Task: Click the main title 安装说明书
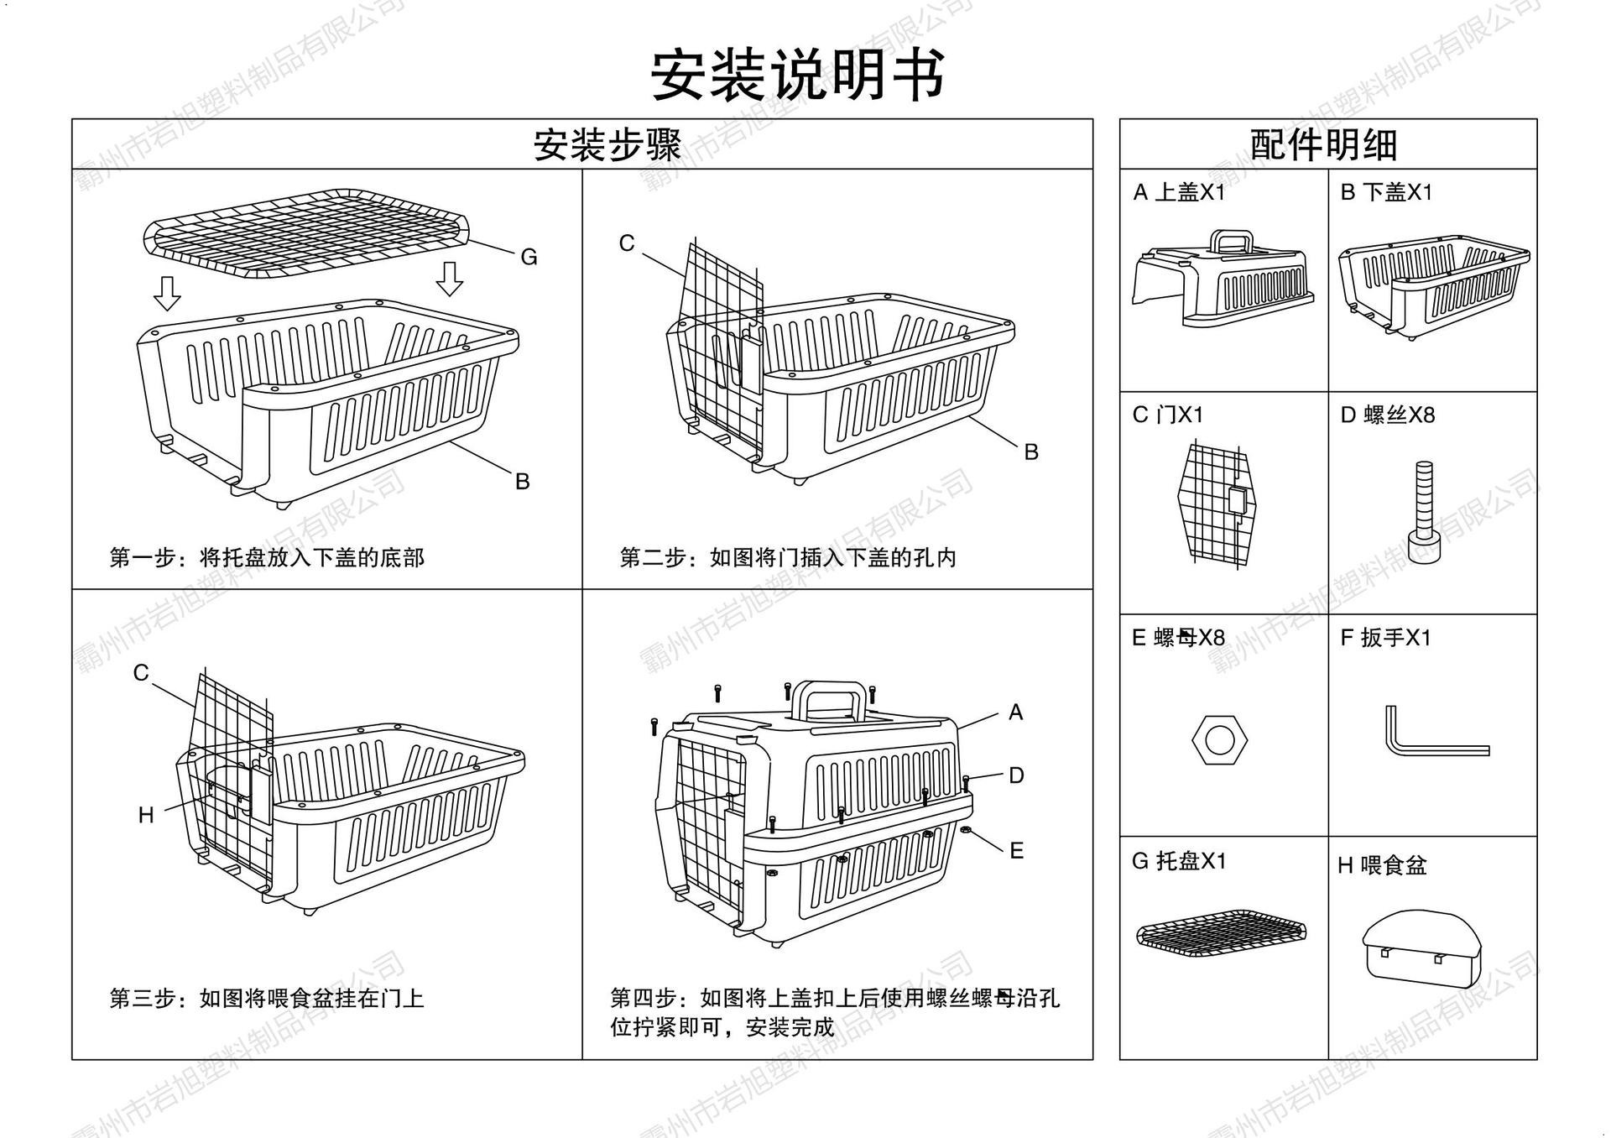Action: pos(798,75)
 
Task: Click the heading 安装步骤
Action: pos(607,145)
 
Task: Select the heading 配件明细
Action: pos(1324,145)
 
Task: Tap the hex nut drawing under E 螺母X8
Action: pos(1218,739)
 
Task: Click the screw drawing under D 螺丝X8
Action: pos(1423,513)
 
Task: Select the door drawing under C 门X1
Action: pos(1217,504)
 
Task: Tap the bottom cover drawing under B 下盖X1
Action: pos(1433,285)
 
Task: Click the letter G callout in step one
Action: pos(529,258)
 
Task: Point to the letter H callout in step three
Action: pos(146,815)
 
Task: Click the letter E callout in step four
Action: pos(1016,851)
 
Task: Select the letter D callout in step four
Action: pos(1016,775)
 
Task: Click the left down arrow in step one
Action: pos(168,293)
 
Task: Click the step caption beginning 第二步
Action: pos(787,558)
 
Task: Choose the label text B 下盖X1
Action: pos(1386,193)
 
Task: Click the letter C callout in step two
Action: pos(627,243)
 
